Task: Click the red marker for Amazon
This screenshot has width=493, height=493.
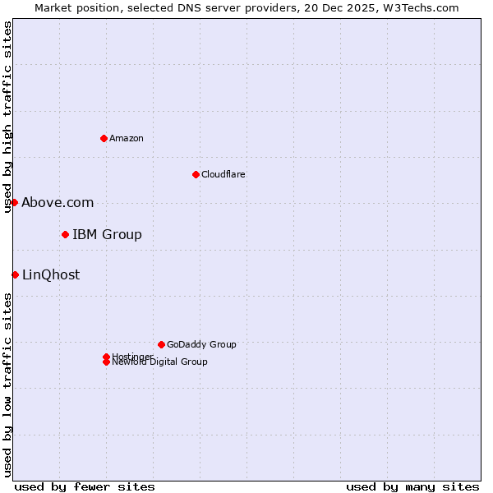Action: pos(104,138)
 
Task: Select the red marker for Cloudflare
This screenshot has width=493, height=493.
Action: pos(196,174)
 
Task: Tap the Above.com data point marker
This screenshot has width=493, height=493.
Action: pos(14,202)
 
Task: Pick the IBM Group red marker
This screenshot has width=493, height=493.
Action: pos(65,235)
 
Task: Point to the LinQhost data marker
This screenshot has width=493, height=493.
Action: pos(15,274)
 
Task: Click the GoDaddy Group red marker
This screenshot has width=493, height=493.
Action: pos(161,344)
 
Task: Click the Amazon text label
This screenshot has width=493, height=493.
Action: pos(126,138)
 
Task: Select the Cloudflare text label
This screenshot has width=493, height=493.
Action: pos(223,174)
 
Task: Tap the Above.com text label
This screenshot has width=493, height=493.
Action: pos(58,203)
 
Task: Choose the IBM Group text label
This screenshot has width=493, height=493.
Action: pos(107,235)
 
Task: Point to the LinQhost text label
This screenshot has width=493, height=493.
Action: pos(51,275)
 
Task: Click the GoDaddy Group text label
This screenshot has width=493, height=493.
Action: pos(201,344)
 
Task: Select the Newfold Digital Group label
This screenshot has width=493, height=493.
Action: pos(159,362)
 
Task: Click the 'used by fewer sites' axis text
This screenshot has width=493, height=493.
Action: pos(85,486)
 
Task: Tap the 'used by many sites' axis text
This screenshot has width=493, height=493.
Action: pos(412,486)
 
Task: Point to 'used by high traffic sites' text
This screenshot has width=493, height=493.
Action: pos(8,117)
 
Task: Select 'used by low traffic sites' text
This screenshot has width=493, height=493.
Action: pos(8,385)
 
